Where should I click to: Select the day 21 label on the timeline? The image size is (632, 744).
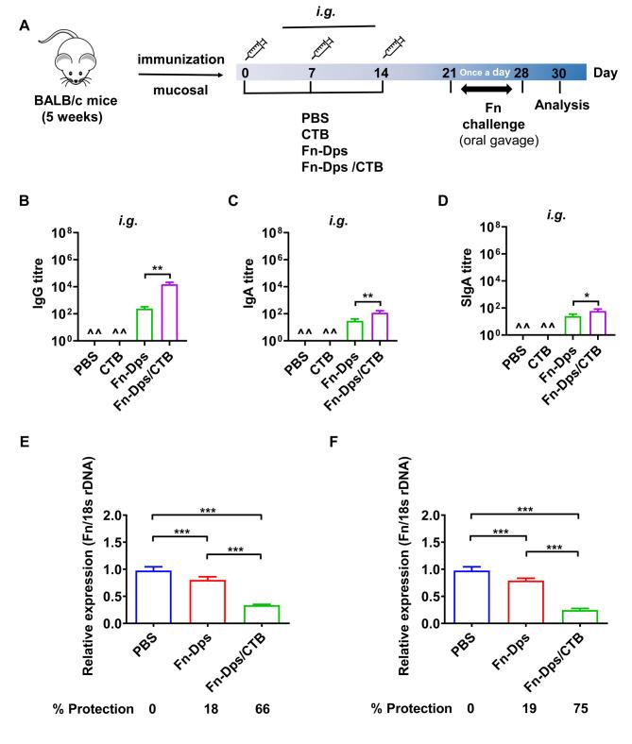(450, 74)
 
